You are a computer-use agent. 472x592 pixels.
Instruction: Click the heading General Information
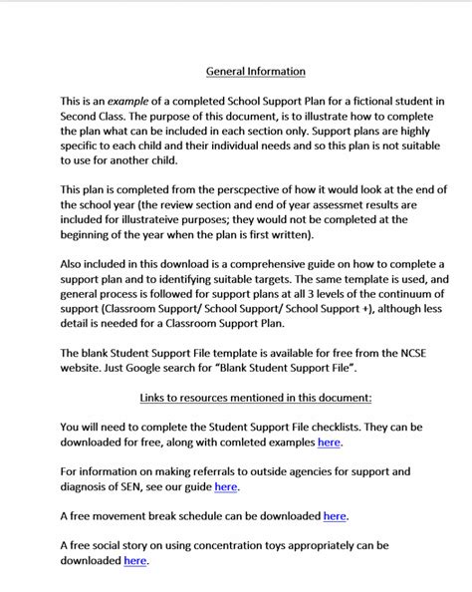(x=256, y=72)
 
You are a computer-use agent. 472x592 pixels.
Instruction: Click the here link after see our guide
(x=226, y=487)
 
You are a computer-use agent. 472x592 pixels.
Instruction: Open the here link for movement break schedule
(x=336, y=516)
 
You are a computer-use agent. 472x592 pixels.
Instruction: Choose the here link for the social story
(x=135, y=561)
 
